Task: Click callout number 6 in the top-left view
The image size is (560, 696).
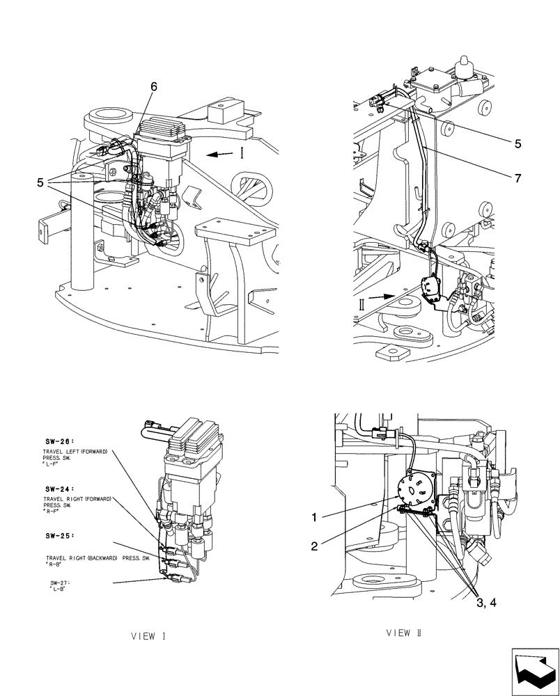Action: coord(154,86)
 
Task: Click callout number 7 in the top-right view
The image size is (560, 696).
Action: coord(517,177)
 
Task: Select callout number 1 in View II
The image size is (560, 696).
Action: coord(315,518)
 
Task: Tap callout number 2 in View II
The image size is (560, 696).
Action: coord(315,546)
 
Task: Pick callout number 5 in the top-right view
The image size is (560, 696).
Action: coord(518,144)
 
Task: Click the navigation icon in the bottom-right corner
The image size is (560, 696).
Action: coord(534,670)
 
